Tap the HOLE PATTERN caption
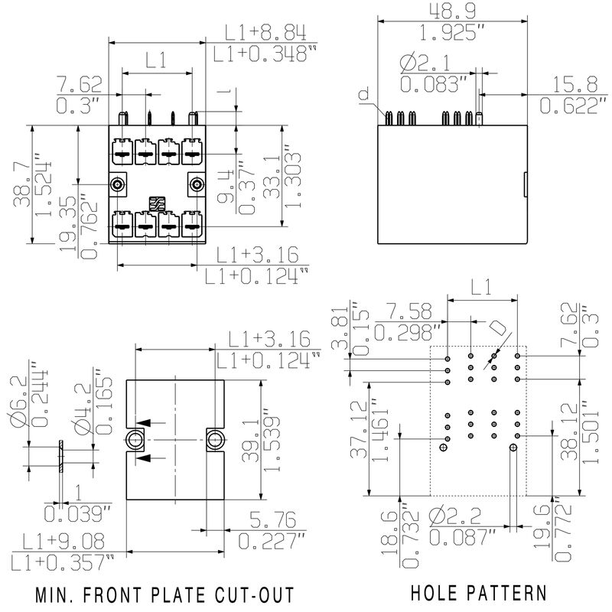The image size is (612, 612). pos(479,593)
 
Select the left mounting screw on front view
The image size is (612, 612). pos(118,184)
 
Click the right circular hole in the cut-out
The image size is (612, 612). pos(215,439)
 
